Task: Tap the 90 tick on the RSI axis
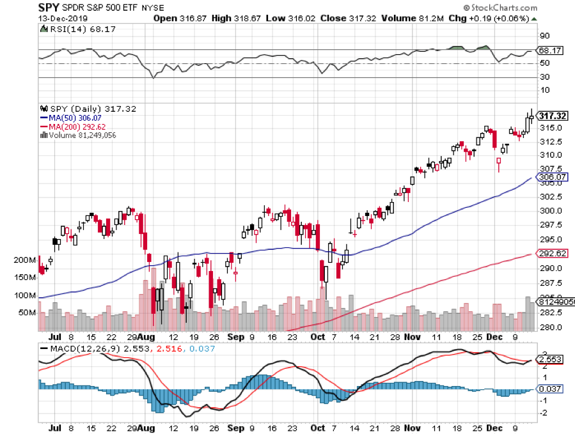pos(544,36)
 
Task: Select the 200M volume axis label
pos(26,261)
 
